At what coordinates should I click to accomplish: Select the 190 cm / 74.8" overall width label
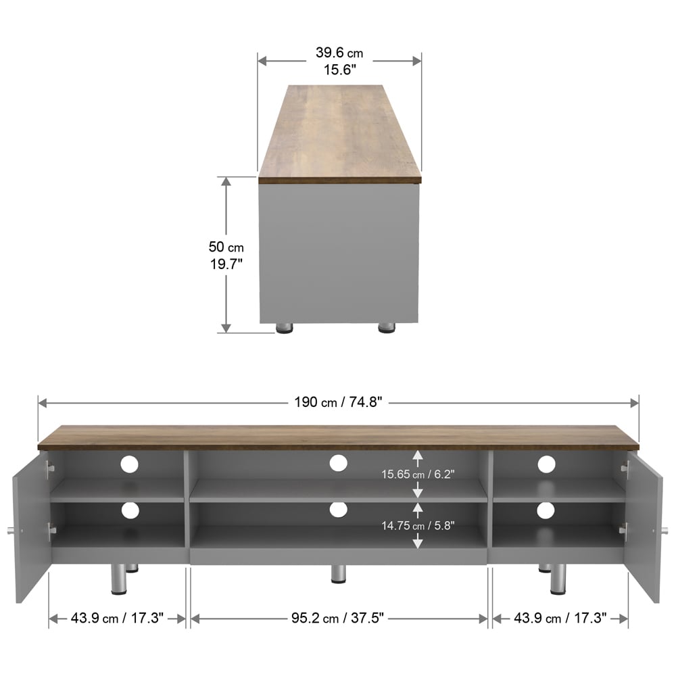339,402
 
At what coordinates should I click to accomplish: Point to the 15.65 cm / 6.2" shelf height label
418,475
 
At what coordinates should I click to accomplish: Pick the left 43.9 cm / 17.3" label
117,618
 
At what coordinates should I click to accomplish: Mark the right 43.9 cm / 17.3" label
560,618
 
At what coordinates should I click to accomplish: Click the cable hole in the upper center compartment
339,463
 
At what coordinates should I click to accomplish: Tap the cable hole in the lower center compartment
339,510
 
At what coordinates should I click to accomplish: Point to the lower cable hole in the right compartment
546,510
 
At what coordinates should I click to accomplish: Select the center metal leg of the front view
339,574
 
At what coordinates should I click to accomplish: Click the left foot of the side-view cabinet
285,329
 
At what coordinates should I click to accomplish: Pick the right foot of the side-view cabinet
386,329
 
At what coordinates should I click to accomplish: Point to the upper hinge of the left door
49,466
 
